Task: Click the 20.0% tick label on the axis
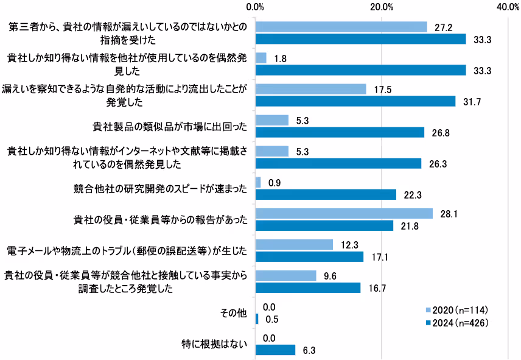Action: [x=382, y=7]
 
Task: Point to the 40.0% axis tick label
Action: [x=508, y=7]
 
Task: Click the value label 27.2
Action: [x=443, y=27]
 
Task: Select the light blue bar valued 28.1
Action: [x=344, y=214]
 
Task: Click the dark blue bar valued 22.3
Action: [x=326, y=194]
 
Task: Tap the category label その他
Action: [x=234, y=313]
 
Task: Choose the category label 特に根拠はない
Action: [x=217, y=344]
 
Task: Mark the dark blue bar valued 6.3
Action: [x=275, y=350]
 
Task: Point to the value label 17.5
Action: [x=382, y=90]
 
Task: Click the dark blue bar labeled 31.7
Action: [x=355, y=101]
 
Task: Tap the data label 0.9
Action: [x=275, y=183]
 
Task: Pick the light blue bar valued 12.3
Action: [x=294, y=245]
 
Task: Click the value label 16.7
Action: [x=377, y=288]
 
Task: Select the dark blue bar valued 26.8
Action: [x=340, y=132]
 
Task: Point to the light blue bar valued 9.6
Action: [x=285, y=276]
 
